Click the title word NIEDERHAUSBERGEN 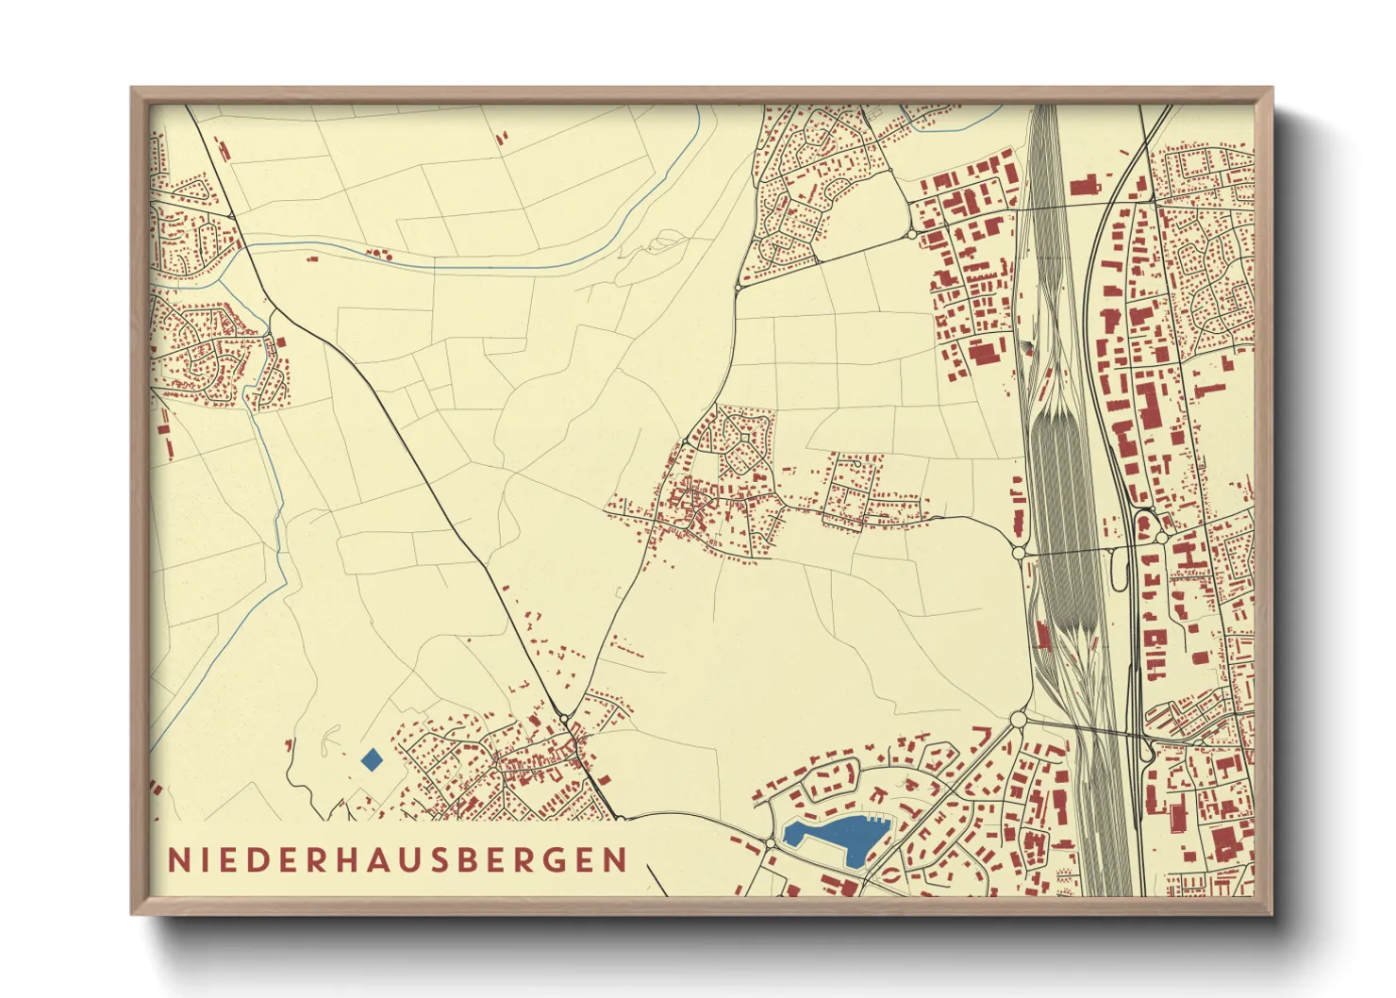click(x=397, y=860)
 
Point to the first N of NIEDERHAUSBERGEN click(x=177, y=860)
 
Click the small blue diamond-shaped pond click(x=373, y=759)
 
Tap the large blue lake click(x=839, y=835)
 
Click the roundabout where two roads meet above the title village click(x=564, y=720)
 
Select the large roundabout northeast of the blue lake click(x=1018, y=721)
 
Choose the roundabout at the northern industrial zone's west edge click(x=912, y=234)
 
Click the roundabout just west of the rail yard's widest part click(x=1018, y=552)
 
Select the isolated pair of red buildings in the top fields click(x=501, y=138)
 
